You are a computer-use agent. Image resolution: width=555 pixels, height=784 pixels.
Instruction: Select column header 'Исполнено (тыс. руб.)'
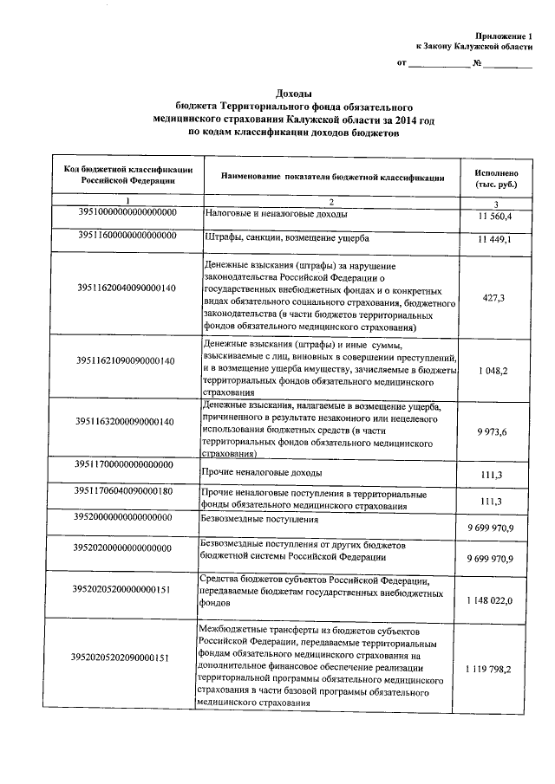pos(495,179)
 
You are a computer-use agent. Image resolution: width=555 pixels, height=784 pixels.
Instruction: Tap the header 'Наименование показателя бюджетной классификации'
pos(333,177)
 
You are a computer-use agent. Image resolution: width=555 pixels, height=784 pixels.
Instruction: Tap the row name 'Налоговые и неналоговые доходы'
pos(277,213)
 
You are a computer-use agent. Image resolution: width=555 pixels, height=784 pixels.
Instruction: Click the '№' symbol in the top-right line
pos(477,63)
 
